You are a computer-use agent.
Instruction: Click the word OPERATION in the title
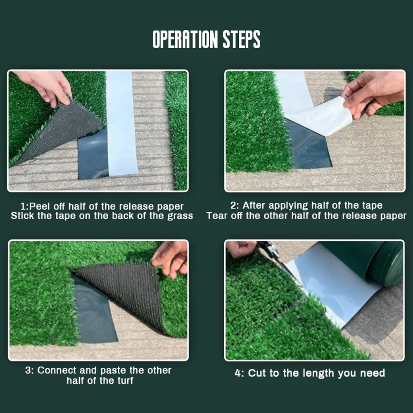(x=185, y=40)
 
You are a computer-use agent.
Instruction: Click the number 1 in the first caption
(x=23, y=206)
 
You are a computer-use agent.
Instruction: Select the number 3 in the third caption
(x=28, y=370)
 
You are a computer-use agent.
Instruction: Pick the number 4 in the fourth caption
(x=238, y=373)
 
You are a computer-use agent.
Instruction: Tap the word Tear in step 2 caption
(x=216, y=216)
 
